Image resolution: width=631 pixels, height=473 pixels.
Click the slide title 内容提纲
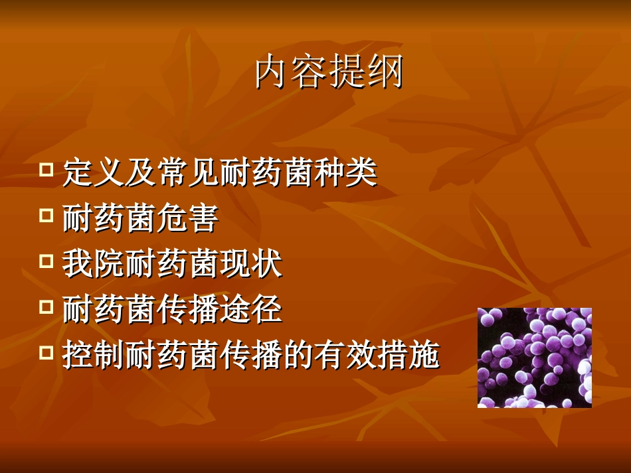pyautogui.click(x=329, y=73)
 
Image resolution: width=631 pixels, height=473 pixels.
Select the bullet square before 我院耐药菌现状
pyautogui.click(x=46, y=261)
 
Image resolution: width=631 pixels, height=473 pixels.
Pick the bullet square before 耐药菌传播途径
pyautogui.click(x=46, y=306)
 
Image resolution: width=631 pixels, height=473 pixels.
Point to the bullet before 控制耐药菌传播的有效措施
pyautogui.click(x=46, y=352)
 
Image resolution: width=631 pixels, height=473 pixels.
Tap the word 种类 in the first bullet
pyautogui.click(x=346, y=173)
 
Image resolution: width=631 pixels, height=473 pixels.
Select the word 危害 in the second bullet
pyautogui.click(x=189, y=219)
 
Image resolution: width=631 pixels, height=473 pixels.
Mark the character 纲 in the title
pyautogui.click(x=386, y=73)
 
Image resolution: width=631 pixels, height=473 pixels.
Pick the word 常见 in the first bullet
pyautogui.click(x=189, y=173)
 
